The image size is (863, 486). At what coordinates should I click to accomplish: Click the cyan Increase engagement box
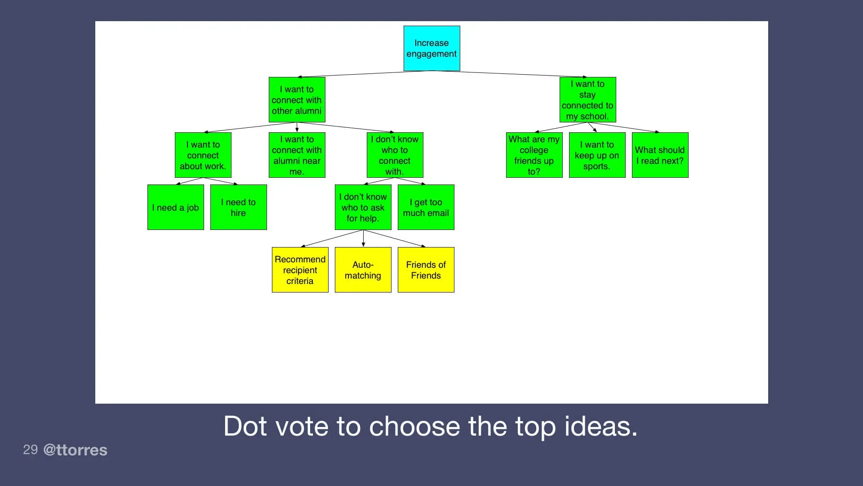tap(431, 48)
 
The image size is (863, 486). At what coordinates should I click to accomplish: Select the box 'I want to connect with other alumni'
tap(297, 99)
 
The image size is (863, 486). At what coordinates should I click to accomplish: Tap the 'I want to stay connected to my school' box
tap(587, 99)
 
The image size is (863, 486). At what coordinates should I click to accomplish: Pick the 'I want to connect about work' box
tap(203, 155)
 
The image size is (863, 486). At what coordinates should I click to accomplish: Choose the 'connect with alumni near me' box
tap(297, 155)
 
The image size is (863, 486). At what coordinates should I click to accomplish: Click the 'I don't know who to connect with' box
tap(395, 155)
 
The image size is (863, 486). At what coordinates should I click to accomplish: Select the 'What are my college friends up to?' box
tap(534, 155)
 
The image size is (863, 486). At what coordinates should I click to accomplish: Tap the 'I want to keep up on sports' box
tap(597, 155)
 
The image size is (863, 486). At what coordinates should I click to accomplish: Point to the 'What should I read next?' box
tap(660, 155)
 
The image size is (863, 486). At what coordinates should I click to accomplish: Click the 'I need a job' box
tap(175, 207)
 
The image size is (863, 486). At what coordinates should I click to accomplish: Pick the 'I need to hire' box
tap(238, 207)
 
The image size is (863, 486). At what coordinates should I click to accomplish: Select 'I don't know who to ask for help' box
tap(363, 207)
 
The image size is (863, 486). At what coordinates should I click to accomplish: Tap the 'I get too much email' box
tap(426, 207)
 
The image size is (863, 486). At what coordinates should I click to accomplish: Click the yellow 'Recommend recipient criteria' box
tap(300, 270)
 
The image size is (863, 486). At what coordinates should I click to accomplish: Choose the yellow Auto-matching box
tap(363, 270)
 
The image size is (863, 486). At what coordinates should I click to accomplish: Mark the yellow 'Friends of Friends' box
tap(426, 270)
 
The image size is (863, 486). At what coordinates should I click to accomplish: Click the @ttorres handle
tap(75, 450)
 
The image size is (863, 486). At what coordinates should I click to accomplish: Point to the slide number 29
tap(30, 449)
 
